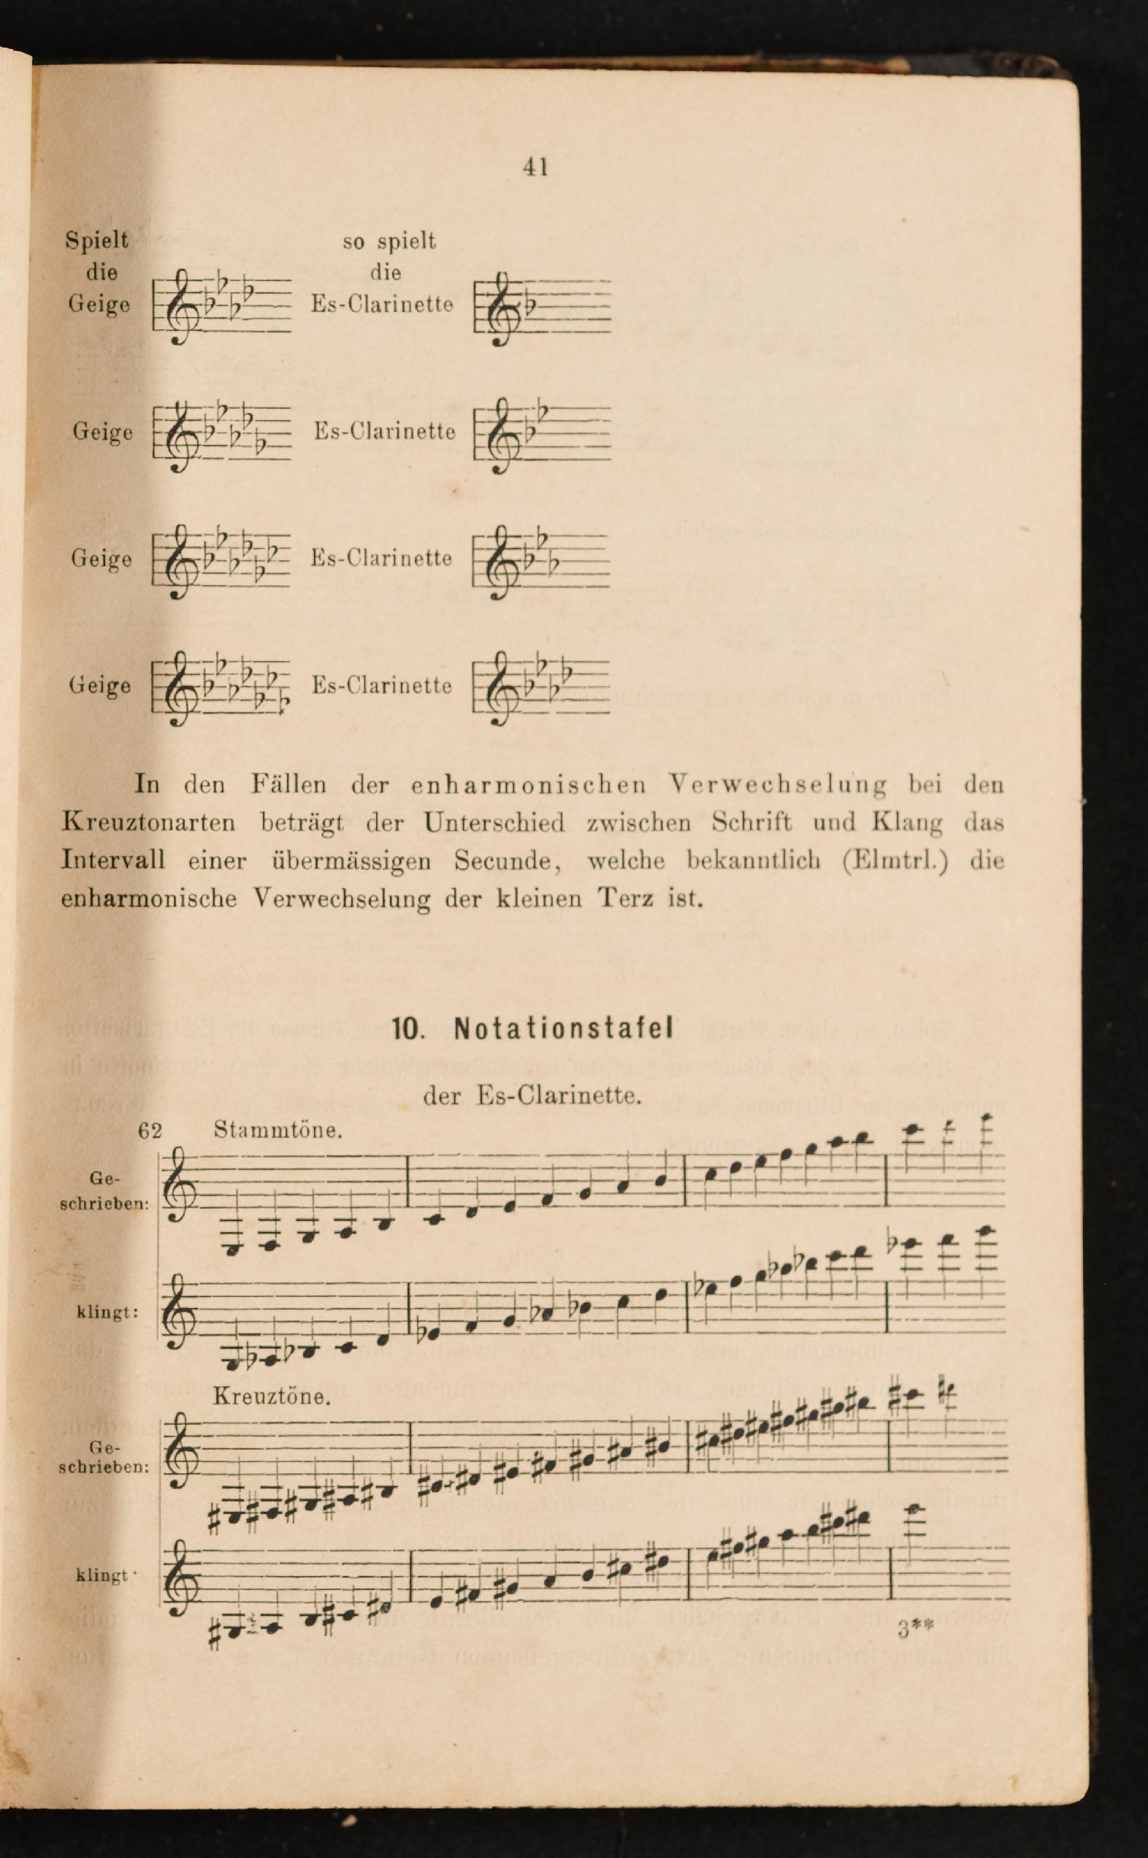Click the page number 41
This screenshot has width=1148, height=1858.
535,167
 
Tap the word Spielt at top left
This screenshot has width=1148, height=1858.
96,240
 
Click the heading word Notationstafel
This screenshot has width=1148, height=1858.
563,1029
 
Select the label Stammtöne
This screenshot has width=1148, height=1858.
277,1130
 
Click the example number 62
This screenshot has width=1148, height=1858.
150,1131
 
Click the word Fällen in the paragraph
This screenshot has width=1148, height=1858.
288,784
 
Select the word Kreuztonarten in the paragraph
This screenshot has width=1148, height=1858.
149,822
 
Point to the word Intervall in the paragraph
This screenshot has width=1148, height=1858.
113,860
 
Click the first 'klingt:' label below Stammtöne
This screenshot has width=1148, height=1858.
107,1312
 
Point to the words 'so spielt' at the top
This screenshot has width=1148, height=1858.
389,242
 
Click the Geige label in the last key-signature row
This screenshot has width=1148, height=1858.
100,685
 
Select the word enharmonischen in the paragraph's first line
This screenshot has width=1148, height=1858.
529,784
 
